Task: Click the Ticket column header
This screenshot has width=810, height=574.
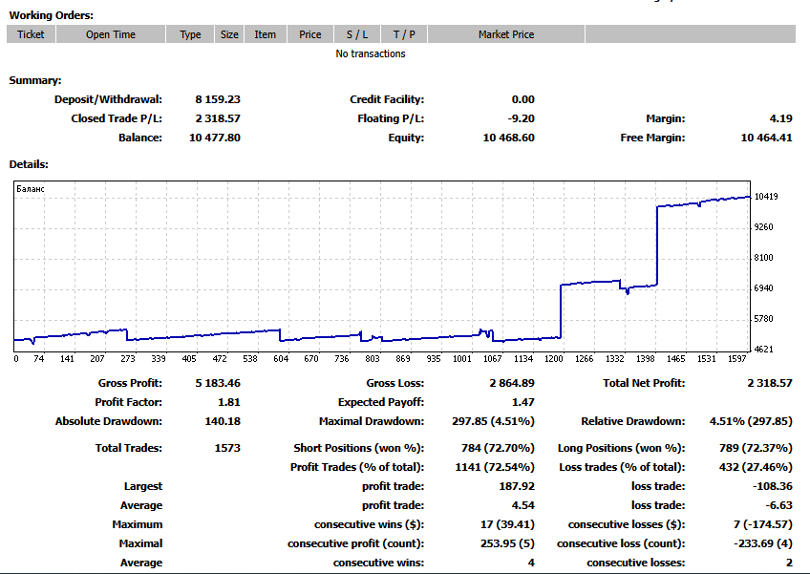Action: point(31,34)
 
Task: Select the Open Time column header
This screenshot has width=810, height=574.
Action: point(111,34)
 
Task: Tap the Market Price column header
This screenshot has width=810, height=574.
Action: point(506,34)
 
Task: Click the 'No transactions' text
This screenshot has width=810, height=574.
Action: point(371,53)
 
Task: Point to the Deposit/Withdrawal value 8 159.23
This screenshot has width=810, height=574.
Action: point(218,99)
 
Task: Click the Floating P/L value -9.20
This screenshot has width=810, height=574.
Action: point(521,118)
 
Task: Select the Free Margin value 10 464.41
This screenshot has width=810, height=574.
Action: point(766,138)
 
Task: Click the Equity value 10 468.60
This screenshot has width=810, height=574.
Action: point(509,138)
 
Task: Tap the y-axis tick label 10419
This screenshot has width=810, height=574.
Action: point(766,197)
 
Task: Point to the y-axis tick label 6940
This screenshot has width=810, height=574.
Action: point(763,288)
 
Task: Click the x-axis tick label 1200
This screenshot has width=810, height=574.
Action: point(554,358)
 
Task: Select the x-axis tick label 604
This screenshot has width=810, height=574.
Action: point(281,358)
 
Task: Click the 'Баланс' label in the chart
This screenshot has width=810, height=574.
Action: point(31,189)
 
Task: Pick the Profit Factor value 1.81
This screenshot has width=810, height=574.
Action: point(229,402)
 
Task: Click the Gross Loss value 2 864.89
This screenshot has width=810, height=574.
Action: point(512,383)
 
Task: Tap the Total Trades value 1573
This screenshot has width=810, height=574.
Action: point(227,448)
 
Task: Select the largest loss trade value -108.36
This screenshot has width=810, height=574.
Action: point(773,486)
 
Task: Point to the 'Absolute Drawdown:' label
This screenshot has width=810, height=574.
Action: point(109,421)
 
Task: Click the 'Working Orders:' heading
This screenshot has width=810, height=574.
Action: point(52,15)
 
